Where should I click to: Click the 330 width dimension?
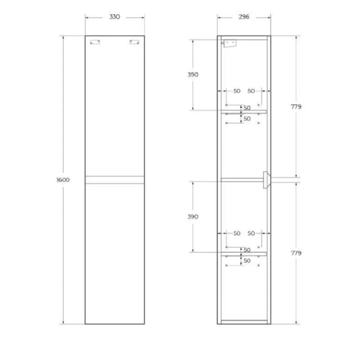(x=115, y=17)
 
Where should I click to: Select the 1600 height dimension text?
(x=63, y=180)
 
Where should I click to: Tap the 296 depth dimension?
(x=244, y=17)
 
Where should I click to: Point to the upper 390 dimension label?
(x=192, y=74)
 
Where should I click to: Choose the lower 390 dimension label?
(x=192, y=216)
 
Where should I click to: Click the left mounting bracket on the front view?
(x=94, y=42)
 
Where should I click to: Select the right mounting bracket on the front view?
(x=135, y=42)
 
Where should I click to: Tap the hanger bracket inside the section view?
(x=229, y=43)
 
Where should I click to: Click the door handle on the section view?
(x=266, y=179)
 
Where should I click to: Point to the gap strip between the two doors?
(x=115, y=179)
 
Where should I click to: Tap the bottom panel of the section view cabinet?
(x=244, y=322)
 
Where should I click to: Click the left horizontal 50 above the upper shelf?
(x=236, y=91)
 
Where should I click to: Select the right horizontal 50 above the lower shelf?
(x=251, y=233)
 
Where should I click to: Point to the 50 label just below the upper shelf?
(x=247, y=119)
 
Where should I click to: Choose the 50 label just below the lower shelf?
(x=247, y=260)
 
